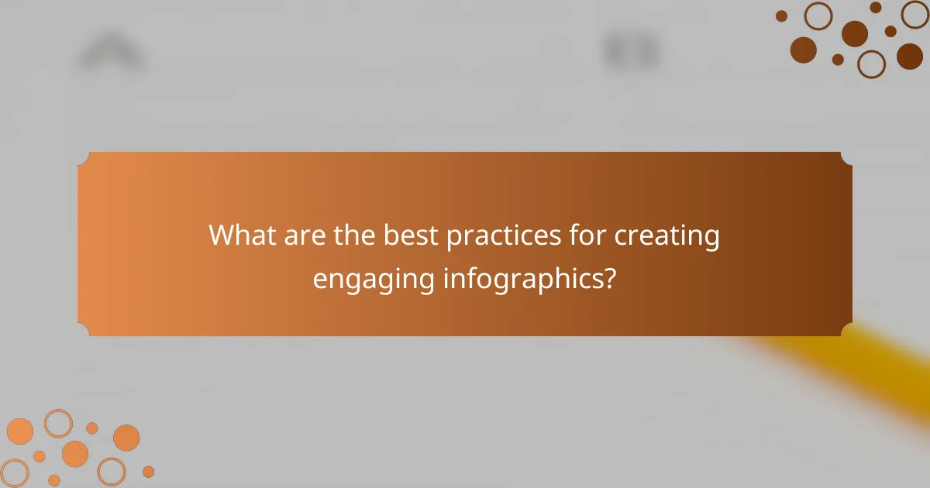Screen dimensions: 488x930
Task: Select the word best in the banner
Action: (x=413, y=235)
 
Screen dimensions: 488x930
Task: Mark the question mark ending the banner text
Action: (x=611, y=278)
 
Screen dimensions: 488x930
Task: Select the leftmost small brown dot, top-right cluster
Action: (x=781, y=15)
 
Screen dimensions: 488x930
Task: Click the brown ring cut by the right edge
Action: (x=916, y=14)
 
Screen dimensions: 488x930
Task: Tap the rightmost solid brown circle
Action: (x=910, y=56)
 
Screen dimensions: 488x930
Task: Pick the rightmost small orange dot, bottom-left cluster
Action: (x=148, y=471)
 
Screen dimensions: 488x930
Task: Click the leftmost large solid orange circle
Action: (x=20, y=431)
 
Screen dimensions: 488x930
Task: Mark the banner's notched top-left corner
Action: (x=83, y=157)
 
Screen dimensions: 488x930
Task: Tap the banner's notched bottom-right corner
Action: (x=846, y=331)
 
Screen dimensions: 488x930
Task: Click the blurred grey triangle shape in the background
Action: (x=111, y=54)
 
